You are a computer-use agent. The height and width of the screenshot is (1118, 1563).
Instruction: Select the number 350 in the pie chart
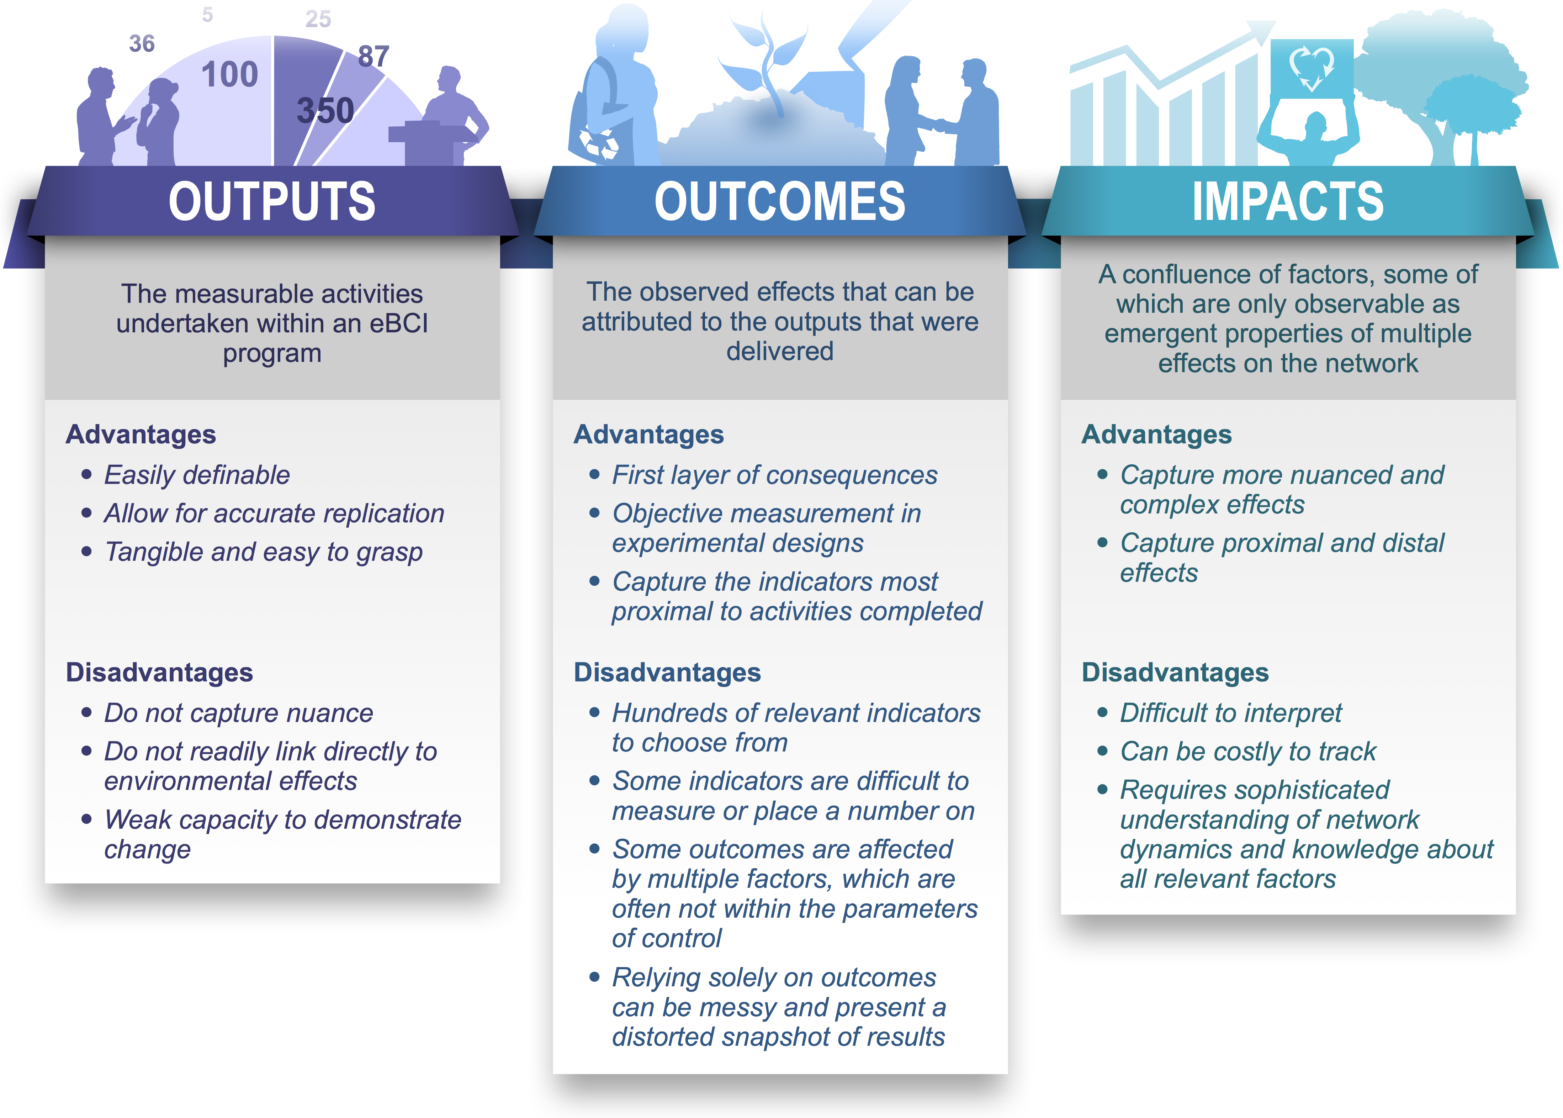325,110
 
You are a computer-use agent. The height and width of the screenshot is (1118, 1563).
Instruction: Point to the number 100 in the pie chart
230,74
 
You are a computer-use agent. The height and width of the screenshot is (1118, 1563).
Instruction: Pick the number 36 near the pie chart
142,43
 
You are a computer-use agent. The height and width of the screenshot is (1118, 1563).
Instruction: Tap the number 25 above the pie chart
318,19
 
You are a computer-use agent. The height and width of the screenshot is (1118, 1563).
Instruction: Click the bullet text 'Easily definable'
197,475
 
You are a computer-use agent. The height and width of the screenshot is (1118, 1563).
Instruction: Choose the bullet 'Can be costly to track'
1248,751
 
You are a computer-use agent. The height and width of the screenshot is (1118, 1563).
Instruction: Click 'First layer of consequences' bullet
774,475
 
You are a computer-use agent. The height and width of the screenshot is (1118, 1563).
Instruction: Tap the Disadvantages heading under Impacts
1175,673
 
